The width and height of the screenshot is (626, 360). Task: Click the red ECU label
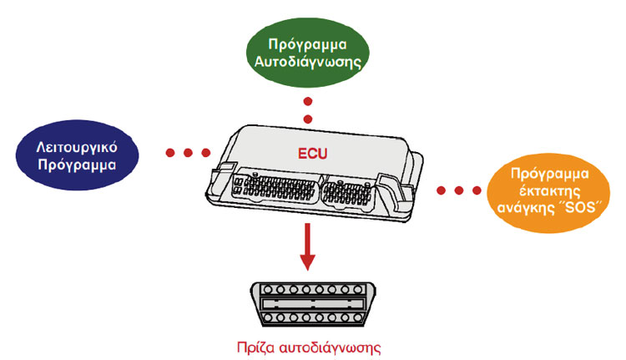(x=313, y=154)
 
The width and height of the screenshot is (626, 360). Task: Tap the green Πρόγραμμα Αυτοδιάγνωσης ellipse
(x=308, y=53)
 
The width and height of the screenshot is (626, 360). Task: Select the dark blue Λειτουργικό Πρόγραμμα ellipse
(x=77, y=155)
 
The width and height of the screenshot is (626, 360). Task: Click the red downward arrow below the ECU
(x=307, y=246)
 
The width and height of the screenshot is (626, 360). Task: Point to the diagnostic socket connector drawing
(x=313, y=304)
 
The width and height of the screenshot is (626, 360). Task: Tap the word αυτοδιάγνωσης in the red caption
(x=330, y=347)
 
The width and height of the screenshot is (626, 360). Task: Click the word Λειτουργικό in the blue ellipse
(x=77, y=147)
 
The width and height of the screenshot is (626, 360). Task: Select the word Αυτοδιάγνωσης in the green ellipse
(x=308, y=62)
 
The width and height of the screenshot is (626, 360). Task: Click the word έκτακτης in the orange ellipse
(x=549, y=190)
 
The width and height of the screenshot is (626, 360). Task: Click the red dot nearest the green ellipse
(x=308, y=102)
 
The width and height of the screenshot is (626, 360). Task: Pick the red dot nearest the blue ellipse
(x=170, y=153)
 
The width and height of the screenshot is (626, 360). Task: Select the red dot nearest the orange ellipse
(x=477, y=190)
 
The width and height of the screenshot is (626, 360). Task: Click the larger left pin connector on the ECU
(x=276, y=187)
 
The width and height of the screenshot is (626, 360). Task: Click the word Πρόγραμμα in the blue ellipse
(x=77, y=165)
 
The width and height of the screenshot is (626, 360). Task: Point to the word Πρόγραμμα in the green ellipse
(x=307, y=44)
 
